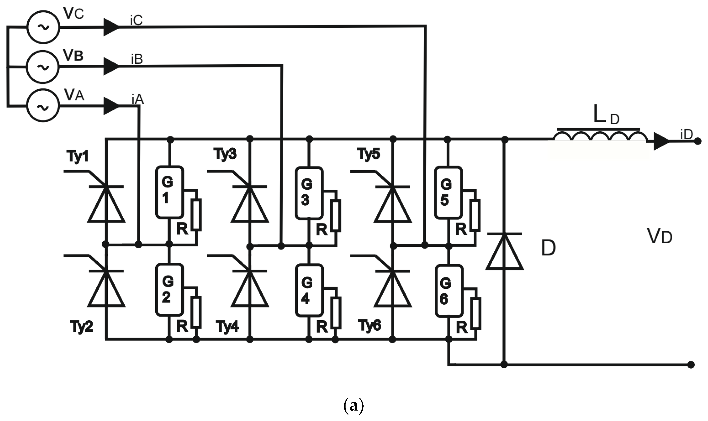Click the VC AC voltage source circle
pyautogui.click(x=43, y=27)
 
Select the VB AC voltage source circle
pyautogui.click(x=43, y=67)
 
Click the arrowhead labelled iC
pyautogui.click(x=111, y=27)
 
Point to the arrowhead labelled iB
pyautogui.click(x=111, y=66)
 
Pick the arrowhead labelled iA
pyautogui.click(x=111, y=106)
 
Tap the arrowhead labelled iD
pyautogui.click(x=661, y=141)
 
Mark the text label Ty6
pyautogui.click(x=369, y=325)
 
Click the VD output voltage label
pyautogui.click(x=660, y=236)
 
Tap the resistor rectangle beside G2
pyautogui.click(x=196, y=312)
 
